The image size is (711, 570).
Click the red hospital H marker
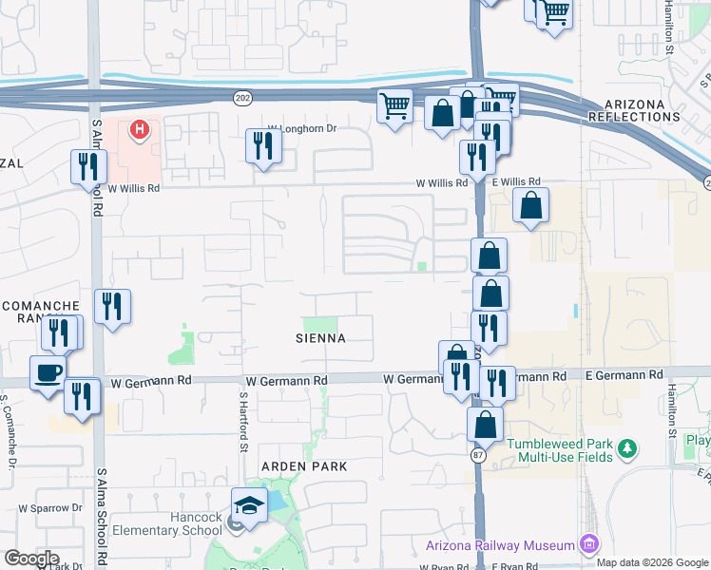pyautogui.click(x=141, y=128)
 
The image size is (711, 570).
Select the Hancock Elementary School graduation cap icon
pyautogui.click(x=249, y=503)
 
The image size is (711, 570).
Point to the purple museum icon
pyautogui.click(x=589, y=544)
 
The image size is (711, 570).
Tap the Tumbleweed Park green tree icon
pyautogui.click(x=626, y=446)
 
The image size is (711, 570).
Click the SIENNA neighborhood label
pyautogui.click(x=319, y=338)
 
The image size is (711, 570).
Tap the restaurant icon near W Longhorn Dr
pyautogui.click(x=262, y=145)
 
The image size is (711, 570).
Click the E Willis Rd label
pyautogui.click(x=516, y=180)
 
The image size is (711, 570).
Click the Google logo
pyautogui.click(x=31, y=558)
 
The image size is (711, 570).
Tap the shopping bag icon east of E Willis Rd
pyautogui.click(x=530, y=205)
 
